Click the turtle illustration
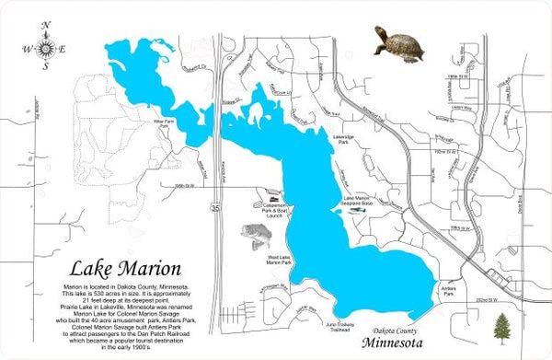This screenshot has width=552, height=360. [x=398, y=42]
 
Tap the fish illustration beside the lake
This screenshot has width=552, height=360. [x=258, y=237]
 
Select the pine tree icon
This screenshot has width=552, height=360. [x=501, y=326]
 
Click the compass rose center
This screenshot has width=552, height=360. [x=43, y=48]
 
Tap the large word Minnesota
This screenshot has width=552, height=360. [x=403, y=343]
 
